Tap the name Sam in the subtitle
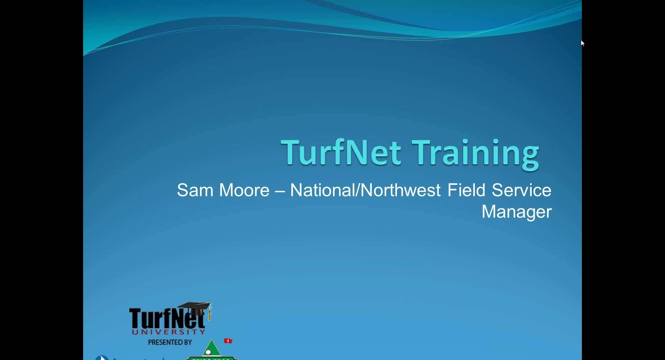tap(195, 190)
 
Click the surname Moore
tap(244, 190)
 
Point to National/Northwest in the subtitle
tap(365, 190)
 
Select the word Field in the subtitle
tap(466, 190)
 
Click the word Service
tap(521, 190)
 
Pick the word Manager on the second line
tap(516, 211)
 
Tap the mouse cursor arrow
tap(583, 43)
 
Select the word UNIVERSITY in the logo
tap(168, 332)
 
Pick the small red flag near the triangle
tap(228, 341)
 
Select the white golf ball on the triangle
tap(208, 352)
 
